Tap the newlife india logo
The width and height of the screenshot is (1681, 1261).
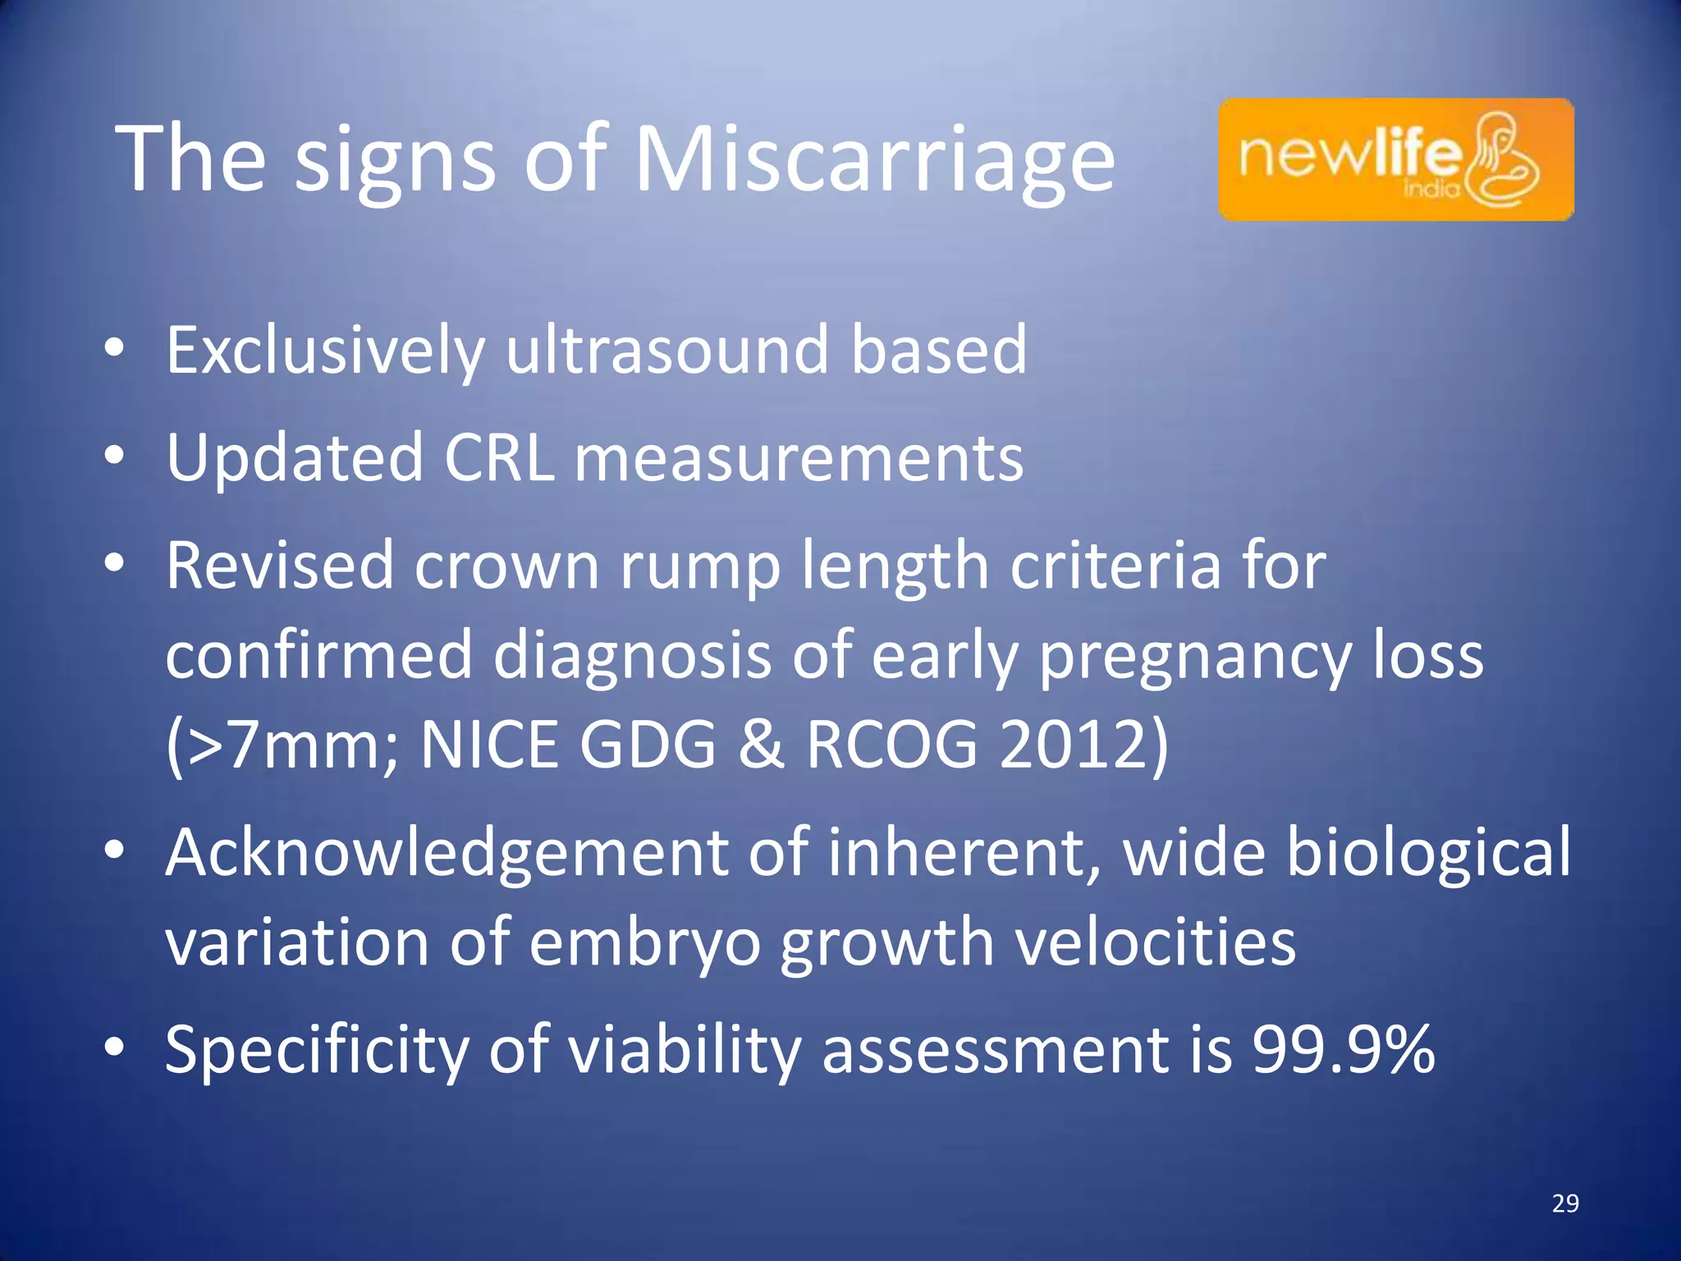pyautogui.click(x=1395, y=159)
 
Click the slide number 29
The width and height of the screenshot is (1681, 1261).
pyautogui.click(x=1565, y=1204)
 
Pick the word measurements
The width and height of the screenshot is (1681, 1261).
pyautogui.click(x=799, y=458)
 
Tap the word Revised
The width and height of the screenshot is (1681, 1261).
pyautogui.click(x=280, y=566)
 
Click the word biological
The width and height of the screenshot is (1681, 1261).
pyautogui.click(x=1428, y=854)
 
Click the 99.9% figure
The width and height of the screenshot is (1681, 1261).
pyautogui.click(x=1344, y=1049)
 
